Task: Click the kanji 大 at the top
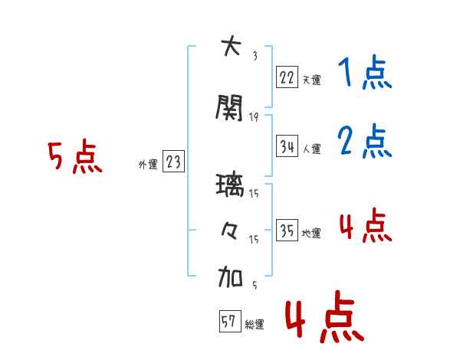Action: point(232,46)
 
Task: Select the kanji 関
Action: point(229,107)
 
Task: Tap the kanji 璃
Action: point(230,185)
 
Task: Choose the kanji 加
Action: point(230,277)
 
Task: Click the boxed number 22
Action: point(287,77)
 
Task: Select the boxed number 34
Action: point(287,146)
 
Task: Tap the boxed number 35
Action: point(287,230)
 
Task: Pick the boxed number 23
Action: point(173,161)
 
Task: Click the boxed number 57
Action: point(230,321)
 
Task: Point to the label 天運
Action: point(311,80)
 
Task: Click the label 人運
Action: point(311,149)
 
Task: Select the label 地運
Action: point(311,233)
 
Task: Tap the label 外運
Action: point(148,165)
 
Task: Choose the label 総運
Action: point(255,324)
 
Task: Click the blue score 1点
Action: point(365,72)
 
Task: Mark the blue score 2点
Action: point(365,141)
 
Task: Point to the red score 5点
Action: point(75,156)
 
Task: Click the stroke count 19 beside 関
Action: point(254,117)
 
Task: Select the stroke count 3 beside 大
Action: point(255,56)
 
